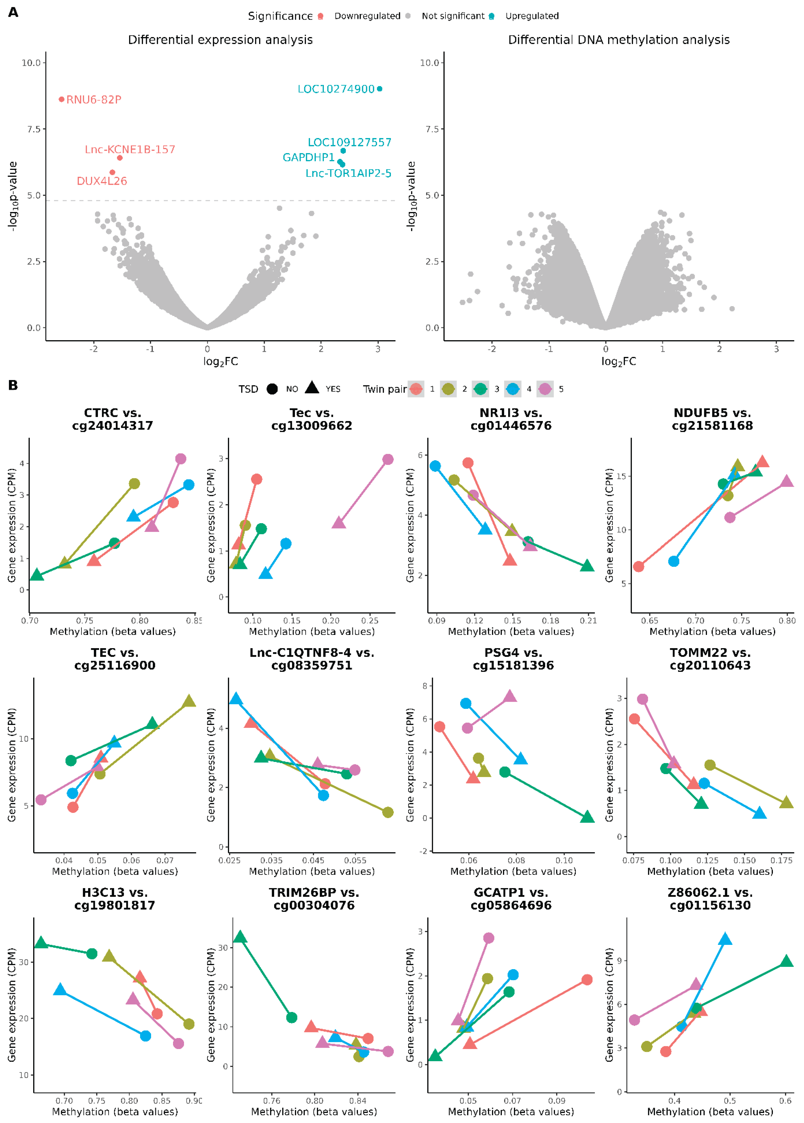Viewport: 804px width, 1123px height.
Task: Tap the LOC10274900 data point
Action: (379, 89)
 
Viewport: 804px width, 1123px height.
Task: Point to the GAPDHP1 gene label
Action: (309, 158)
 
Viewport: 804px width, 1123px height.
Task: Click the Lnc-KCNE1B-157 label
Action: (130, 150)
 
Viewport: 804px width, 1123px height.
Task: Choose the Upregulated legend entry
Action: (532, 16)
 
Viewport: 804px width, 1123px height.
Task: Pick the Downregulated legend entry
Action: (367, 16)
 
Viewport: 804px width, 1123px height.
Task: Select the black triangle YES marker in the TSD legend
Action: (312, 388)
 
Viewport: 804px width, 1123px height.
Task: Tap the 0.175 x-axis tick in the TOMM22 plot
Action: (781, 861)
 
